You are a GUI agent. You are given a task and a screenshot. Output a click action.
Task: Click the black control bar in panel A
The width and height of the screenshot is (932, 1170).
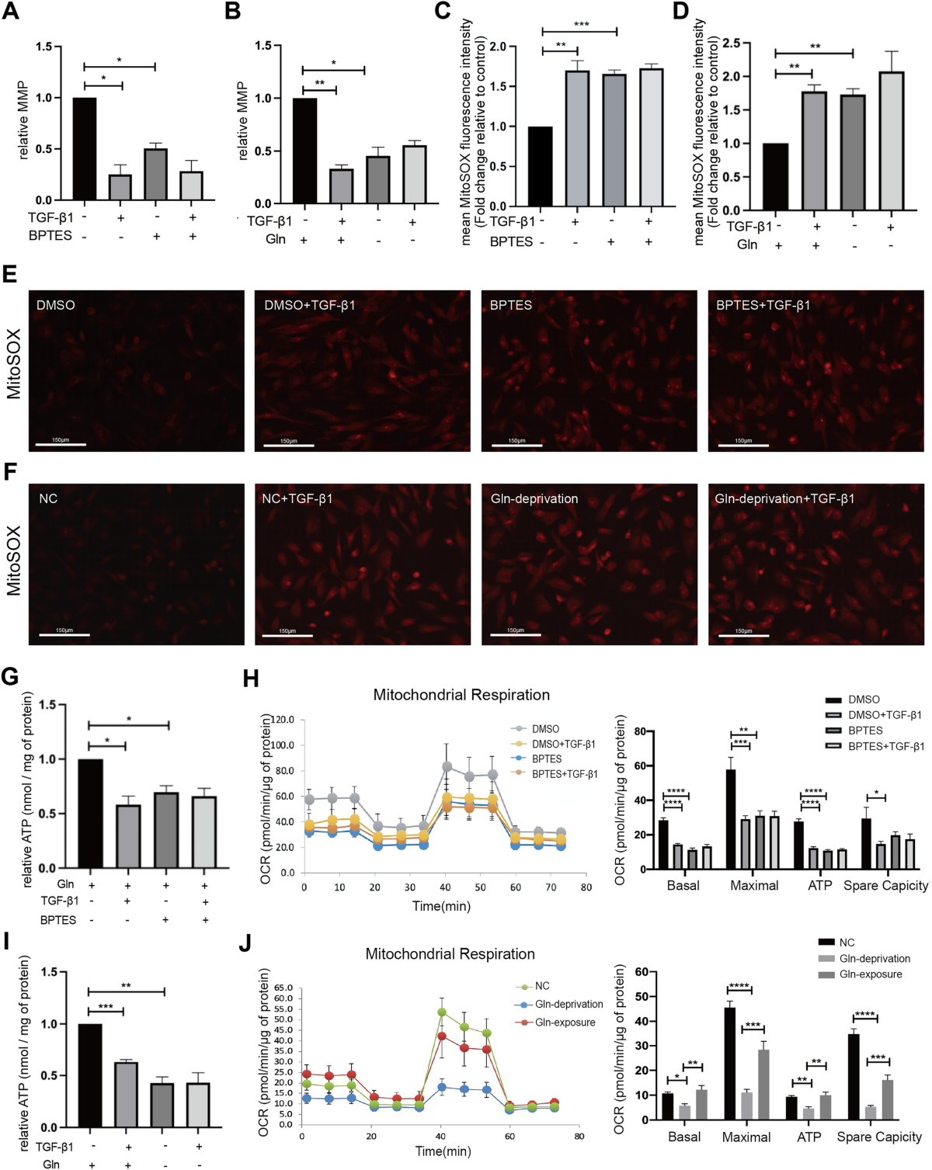tap(85, 148)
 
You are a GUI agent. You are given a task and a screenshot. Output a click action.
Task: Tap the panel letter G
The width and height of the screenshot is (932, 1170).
tap(10, 677)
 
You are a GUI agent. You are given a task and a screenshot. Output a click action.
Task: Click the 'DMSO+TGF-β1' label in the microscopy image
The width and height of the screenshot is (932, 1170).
tap(309, 305)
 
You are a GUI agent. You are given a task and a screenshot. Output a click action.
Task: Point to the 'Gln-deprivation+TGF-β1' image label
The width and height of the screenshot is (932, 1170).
tap(784, 498)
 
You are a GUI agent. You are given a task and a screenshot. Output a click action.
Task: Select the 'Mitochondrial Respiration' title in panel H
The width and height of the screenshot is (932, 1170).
tap(461, 695)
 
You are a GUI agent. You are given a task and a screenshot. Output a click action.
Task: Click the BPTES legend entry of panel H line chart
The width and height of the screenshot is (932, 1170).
tap(546, 759)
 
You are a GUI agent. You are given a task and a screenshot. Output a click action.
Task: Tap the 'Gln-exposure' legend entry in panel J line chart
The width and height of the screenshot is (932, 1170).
tap(565, 1022)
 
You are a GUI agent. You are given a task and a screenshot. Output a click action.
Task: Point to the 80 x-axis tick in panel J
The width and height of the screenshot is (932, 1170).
tap(579, 1136)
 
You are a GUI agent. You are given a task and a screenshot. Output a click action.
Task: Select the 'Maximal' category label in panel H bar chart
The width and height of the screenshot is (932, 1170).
tap(753, 886)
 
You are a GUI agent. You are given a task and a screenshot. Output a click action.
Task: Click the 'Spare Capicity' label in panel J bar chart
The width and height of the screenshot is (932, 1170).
tap(878, 1137)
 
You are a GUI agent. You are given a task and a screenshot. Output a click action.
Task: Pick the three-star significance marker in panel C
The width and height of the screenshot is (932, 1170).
tap(581, 25)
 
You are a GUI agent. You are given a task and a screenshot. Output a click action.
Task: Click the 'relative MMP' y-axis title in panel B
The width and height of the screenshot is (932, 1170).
tap(243, 120)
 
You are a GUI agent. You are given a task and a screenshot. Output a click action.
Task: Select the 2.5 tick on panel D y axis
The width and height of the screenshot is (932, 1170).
tap(730, 43)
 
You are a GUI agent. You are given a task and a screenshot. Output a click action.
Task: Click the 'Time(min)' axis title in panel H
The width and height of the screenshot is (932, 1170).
tap(441, 906)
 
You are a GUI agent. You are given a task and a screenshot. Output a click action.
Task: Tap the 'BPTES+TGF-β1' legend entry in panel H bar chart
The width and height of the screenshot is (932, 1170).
tap(885, 746)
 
